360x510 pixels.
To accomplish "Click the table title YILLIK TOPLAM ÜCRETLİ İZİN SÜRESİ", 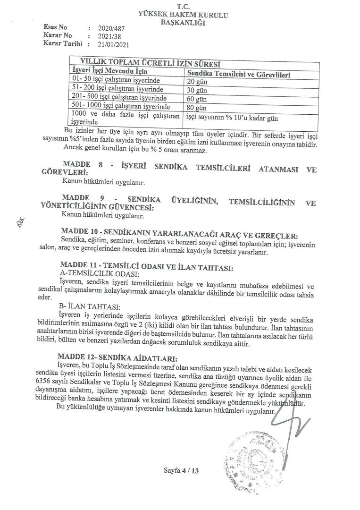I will pyautogui.click(x=151, y=62).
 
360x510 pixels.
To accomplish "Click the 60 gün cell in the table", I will pyautogui.click(x=196, y=99).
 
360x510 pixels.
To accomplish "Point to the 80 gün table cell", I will pyautogui.click(x=196, y=107).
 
